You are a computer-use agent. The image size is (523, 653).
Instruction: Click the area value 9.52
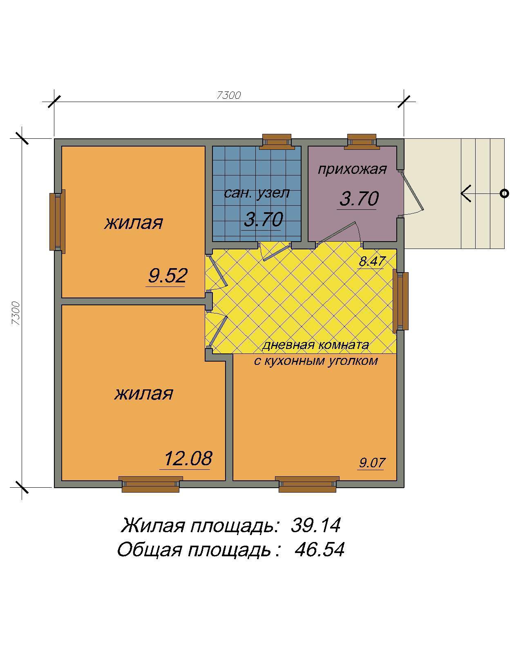(167, 275)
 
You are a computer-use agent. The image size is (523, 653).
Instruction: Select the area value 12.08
(188, 458)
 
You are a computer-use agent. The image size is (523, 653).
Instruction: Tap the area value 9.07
(372, 462)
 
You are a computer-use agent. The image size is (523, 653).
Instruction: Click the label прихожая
(352, 169)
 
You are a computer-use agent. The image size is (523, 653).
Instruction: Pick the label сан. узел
(257, 193)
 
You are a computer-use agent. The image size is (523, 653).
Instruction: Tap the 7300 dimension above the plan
(229, 95)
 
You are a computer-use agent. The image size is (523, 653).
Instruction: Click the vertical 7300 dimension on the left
(16, 313)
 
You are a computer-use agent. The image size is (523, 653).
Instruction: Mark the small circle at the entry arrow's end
(504, 193)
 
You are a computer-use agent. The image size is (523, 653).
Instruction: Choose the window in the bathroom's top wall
(277, 142)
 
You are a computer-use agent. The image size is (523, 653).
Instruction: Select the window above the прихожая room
(362, 142)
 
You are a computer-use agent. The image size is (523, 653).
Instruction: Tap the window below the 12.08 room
(150, 484)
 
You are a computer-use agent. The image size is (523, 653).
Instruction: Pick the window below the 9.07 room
(307, 484)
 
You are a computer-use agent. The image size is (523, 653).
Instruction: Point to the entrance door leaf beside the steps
(411, 191)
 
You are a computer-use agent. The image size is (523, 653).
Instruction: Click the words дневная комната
(315, 345)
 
